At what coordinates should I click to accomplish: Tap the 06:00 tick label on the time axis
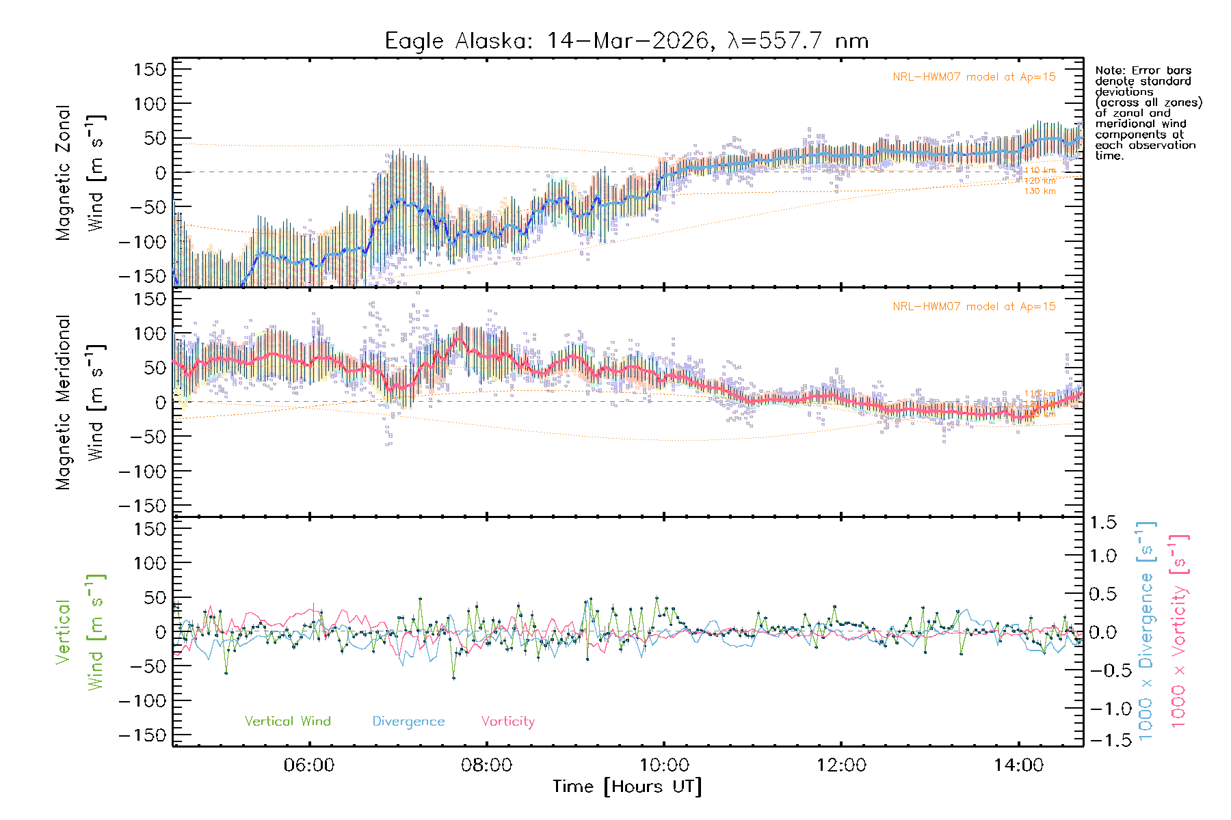click(309, 765)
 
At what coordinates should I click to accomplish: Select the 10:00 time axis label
click(664, 765)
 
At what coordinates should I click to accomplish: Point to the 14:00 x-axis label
click(1019, 765)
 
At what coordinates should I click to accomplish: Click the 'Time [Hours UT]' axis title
click(627, 787)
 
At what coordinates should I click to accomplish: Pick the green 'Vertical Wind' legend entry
click(287, 722)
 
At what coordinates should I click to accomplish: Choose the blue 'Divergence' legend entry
click(408, 722)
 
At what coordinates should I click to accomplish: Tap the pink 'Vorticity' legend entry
click(507, 722)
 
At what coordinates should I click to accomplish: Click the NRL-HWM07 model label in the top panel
click(974, 77)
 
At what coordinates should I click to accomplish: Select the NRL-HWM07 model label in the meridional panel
click(974, 307)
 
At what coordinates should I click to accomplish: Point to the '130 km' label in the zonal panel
click(1040, 191)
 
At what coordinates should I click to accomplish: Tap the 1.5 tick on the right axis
click(1102, 523)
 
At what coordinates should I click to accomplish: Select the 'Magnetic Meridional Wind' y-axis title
click(79, 402)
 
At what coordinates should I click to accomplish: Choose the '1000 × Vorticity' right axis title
click(1178, 631)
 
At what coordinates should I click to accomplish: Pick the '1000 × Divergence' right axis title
click(1146, 631)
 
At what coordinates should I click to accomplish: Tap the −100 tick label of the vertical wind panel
click(143, 701)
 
